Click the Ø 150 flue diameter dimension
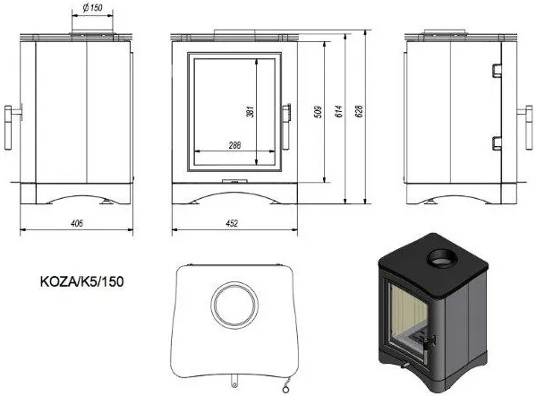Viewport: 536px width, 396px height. click(93, 7)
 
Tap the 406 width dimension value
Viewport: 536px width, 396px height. click(77, 223)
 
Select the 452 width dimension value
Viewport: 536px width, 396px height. click(232, 223)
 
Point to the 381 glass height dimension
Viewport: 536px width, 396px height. click(251, 112)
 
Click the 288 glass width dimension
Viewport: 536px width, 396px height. click(234, 145)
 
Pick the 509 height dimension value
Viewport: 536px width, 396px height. click(318, 112)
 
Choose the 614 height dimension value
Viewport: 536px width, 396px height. click(338, 112)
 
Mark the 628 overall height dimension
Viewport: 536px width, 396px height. click(359, 112)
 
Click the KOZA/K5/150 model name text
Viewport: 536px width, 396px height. click(82, 281)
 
